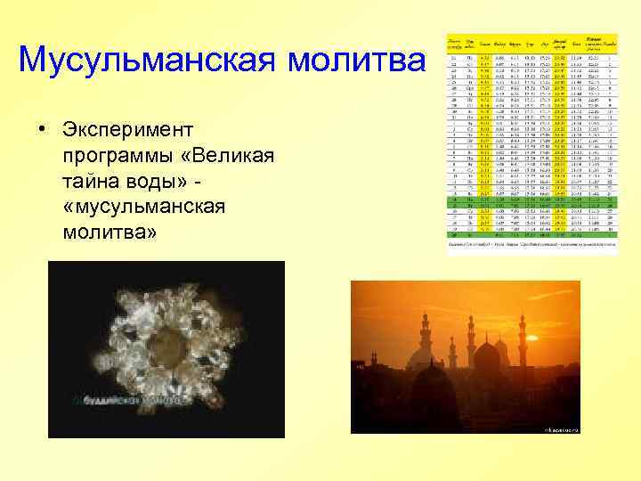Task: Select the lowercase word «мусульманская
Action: [145, 208]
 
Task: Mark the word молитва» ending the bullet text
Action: [110, 233]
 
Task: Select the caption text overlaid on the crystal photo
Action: [125, 401]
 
